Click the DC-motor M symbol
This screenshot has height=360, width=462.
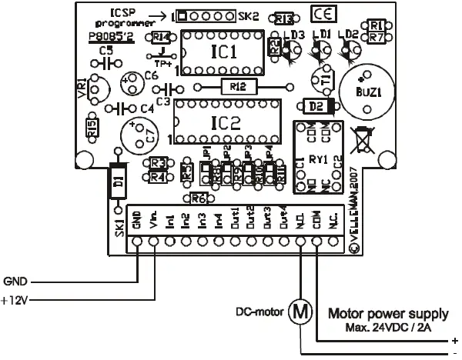[300, 312]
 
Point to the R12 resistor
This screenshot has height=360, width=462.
[237, 87]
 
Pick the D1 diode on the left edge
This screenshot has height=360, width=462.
[118, 181]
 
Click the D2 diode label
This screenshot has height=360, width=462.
[316, 106]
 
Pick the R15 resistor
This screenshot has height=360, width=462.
[92, 129]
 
